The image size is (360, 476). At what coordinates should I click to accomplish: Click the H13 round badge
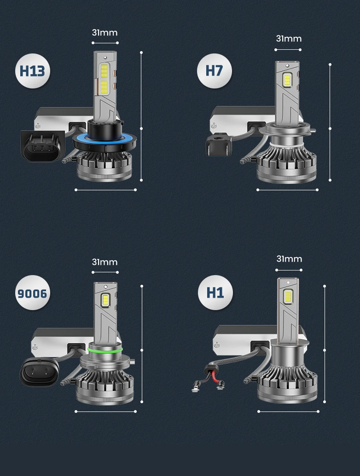(x=32, y=71)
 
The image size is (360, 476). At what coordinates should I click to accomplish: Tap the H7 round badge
(x=214, y=71)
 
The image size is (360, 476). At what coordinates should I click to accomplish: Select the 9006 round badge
(x=32, y=293)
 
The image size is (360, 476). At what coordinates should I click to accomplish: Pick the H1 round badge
(x=215, y=293)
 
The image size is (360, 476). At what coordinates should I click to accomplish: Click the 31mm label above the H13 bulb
(x=105, y=33)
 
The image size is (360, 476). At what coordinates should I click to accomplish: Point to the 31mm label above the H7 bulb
(x=289, y=39)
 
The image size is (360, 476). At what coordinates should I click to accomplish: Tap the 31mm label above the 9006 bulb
(x=105, y=262)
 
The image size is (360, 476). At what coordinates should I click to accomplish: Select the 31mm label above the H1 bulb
(x=289, y=259)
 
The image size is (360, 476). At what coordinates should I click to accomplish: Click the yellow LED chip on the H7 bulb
(x=287, y=80)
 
